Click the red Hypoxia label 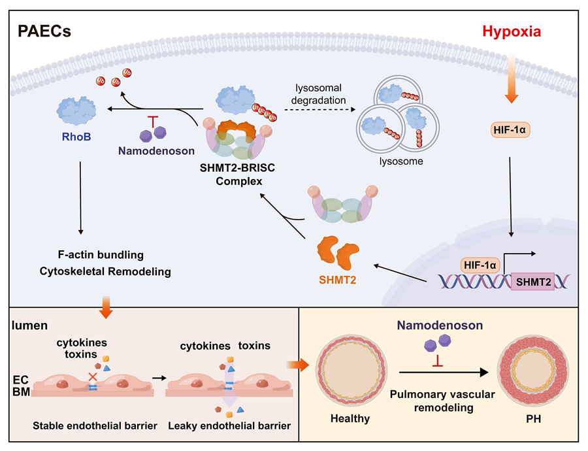click(x=512, y=32)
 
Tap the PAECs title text click(x=44, y=31)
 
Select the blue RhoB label click(x=76, y=137)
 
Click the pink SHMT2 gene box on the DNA click(x=533, y=282)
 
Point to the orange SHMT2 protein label click(x=338, y=280)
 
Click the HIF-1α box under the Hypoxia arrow click(x=510, y=130)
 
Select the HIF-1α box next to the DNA click(x=480, y=265)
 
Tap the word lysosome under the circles click(x=401, y=161)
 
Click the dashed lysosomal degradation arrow click(x=319, y=110)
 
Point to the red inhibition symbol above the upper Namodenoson click(x=153, y=122)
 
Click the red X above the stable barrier click(x=93, y=376)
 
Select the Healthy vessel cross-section click(x=351, y=371)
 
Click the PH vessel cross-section click(x=533, y=371)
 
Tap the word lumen click(x=29, y=326)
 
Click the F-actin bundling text click(x=101, y=255)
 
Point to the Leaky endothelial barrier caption click(x=229, y=426)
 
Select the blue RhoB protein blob click(x=76, y=110)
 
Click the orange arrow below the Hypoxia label click(x=512, y=77)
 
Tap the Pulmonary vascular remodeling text click(x=443, y=401)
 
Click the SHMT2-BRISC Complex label click(x=238, y=175)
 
